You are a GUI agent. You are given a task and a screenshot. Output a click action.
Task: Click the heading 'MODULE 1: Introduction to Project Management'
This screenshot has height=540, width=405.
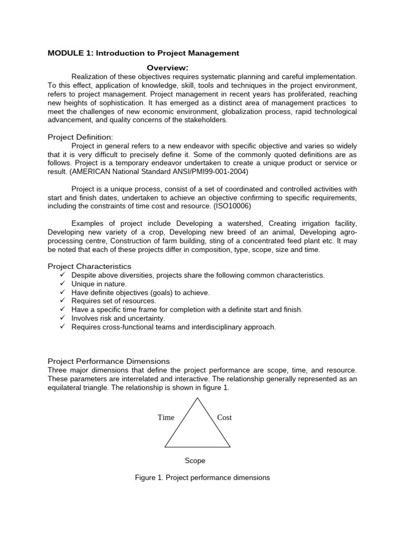coord(143,53)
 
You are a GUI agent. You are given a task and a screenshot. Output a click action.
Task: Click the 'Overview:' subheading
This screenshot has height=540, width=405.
coord(167,67)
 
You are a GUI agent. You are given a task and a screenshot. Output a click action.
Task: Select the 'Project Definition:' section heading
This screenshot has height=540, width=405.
coord(80,137)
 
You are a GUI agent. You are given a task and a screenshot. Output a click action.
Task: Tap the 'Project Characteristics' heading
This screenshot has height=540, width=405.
coord(89,266)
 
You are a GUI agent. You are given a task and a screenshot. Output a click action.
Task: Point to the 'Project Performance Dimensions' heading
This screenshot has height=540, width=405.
coord(109,361)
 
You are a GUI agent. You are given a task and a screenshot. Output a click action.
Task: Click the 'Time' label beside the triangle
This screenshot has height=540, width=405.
coord(166,417)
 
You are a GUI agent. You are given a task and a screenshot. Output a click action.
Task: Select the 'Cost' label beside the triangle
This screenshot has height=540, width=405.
coord(225,417)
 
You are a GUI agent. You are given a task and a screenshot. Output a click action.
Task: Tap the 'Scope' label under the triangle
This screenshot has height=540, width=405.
coord(195,460)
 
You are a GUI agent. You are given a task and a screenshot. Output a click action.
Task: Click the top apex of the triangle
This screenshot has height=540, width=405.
coord(198,398)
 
